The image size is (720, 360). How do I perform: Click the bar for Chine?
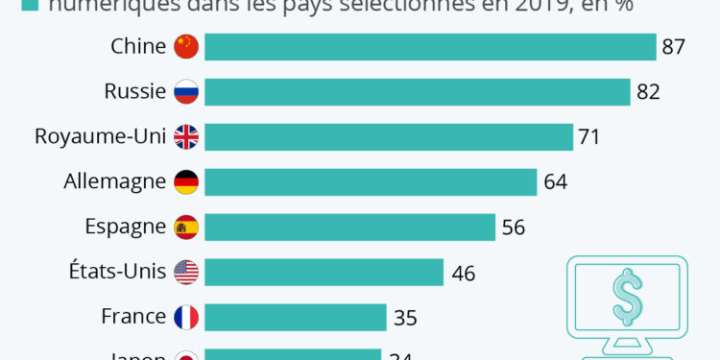[x=429, y=46]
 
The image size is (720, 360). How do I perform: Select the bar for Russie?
[x=417, y=91]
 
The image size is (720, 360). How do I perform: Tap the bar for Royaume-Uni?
[x=389, y=136]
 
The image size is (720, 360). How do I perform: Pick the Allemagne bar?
[x=371, y=181]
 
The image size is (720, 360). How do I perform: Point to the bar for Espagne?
[x=349, y=227]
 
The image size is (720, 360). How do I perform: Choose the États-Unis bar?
[x=324, y=272]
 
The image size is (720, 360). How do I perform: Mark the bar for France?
[x=296, y=317]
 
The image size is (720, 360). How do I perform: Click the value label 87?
[x=673, y=46]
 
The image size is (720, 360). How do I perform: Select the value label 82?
[x=648, y=91]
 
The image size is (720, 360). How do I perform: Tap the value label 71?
[x=588, y=136]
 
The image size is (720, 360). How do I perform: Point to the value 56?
[x=514, y=227]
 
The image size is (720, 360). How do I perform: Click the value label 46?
[x=464, y=273]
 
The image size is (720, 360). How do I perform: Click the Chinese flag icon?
[x=186, y=46]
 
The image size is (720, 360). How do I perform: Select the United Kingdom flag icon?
[x=186, y=136]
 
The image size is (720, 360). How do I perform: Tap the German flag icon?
[x=186, y=181]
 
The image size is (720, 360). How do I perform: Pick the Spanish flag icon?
[x=186, y=227]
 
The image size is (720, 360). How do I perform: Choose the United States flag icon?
[x=186, y=272]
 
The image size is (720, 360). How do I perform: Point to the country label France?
[x=134, y=317]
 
